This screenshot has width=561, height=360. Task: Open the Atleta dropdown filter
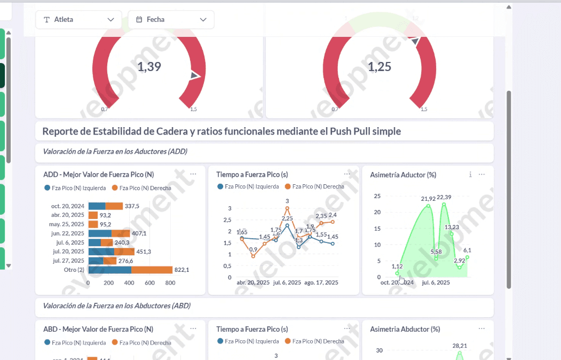tap(79, 20)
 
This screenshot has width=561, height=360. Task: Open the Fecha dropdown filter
tap(171, 20)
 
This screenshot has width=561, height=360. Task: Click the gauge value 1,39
tap(149, 67)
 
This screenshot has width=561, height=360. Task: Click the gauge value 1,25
tap(380, 67)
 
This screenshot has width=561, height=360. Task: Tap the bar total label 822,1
tap(182, 270)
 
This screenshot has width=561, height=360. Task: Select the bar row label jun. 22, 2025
tap(68, 233)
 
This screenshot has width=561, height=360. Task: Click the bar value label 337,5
tap(132, 206)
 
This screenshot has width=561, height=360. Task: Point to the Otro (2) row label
tap(74, 270)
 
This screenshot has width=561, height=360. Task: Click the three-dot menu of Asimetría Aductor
tap(481, 175)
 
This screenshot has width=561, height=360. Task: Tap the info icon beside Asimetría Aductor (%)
tap(470, 175)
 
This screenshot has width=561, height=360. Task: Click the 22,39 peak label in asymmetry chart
tap(444, 198)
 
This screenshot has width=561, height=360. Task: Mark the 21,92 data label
tap(428, 199)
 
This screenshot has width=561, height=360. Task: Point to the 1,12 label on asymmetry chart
tap(397, 266)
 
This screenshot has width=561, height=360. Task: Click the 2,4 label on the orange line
tap(333, 215)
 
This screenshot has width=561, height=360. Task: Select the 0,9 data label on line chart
tap(253, 249)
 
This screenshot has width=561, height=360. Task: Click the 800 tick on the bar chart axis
tap(170, 283)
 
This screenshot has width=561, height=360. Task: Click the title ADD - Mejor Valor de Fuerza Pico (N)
tap(98, 175)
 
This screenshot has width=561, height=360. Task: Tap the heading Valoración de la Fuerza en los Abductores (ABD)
tap(116, 306)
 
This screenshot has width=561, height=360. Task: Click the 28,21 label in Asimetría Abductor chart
tap(459, 346)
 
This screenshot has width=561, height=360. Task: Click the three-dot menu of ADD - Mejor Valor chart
tap(193, 174)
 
